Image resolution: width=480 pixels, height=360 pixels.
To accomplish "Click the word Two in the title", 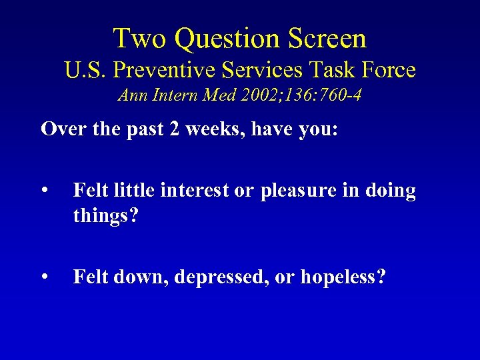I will pos(135,39).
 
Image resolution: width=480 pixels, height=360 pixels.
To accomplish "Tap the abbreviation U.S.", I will pos(86,69).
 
